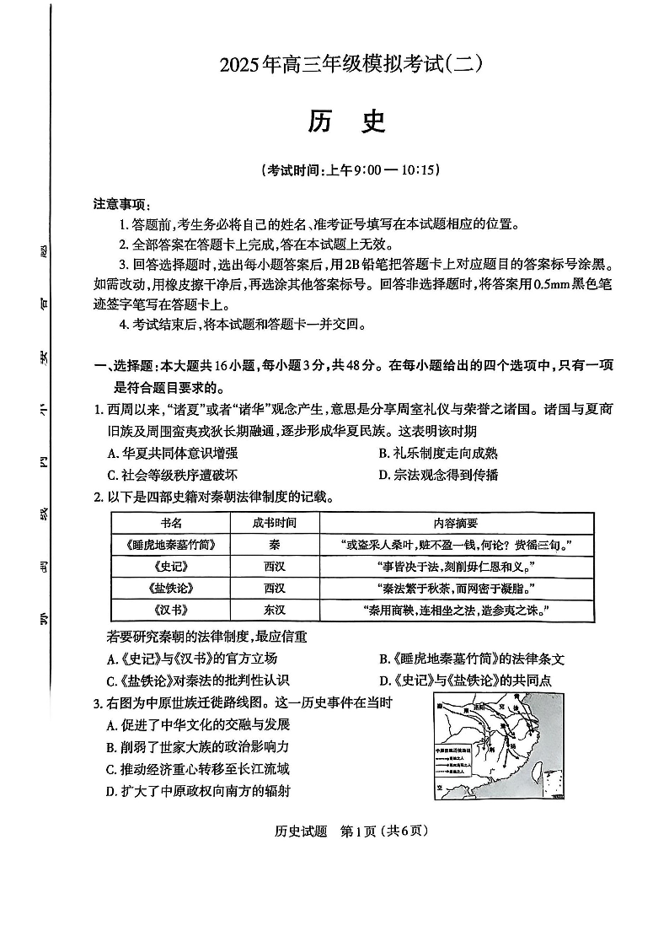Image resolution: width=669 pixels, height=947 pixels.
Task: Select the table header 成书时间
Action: [x=274, y=523]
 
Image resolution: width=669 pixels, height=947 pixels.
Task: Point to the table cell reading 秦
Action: [x=274, y=545]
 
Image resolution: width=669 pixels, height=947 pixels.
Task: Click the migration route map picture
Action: [x=498, y=746]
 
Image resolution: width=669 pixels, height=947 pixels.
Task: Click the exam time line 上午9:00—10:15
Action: [x=351, y=169]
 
